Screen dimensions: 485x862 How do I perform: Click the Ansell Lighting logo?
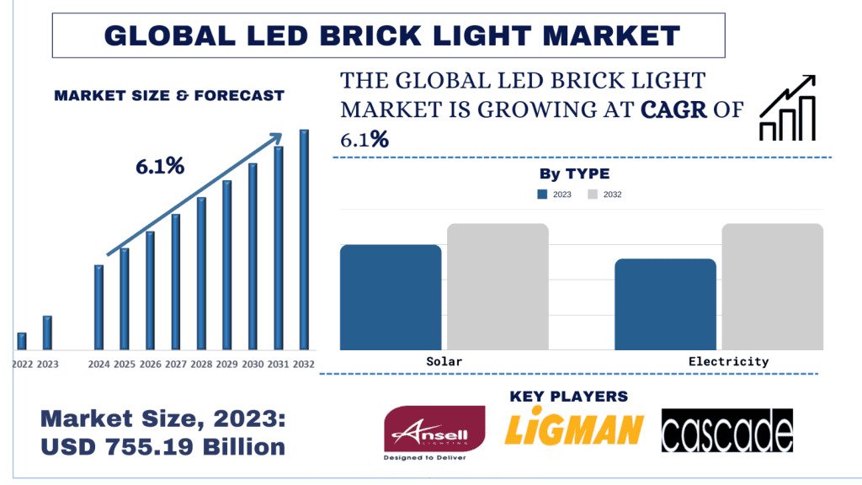click(x=434, y=434)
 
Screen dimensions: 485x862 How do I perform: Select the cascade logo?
click(x=727, y=431)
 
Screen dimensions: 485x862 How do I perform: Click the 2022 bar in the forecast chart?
click(x=22, y=341)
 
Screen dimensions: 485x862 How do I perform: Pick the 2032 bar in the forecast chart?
click(x=304, y=240)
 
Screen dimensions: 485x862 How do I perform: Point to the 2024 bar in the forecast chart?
click(x=98, y=307)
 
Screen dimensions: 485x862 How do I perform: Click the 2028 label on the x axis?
click(x=201, y=364)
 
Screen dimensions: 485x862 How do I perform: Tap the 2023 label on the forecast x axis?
click(x=48, y=364)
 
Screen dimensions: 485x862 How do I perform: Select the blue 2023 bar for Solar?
click(x=391, y=296)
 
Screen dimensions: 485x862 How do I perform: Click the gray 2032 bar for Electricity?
click(x=772, y=286)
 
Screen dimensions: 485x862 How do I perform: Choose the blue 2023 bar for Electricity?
click(x=665, y=304)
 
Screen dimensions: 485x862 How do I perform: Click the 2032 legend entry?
click(x=605, y=195)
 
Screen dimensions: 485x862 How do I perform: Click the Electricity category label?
click(x=728, y=361)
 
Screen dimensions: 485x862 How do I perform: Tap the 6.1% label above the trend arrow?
click(x=160, y=167)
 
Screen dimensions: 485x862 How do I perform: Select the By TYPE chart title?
click(x=574, y=174)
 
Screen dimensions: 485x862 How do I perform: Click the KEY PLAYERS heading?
click(x=569, y=396)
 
